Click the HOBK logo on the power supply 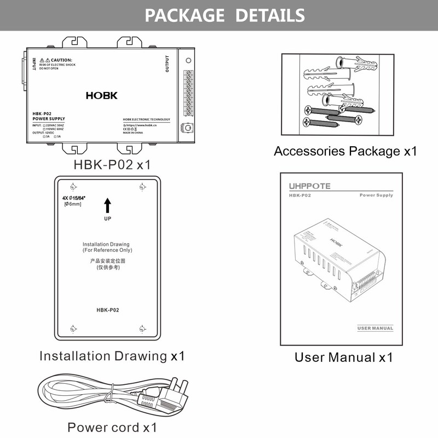coord(101,95)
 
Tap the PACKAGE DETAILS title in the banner coord(224,15)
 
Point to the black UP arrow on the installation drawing coord(107,206)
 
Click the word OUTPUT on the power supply coord(167,64)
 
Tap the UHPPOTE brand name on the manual coord(310,186)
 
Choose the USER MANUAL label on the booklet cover coord(375,328)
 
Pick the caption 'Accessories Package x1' coord(345,151)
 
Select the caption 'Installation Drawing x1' coord(112,356)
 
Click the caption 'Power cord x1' coord(112,427)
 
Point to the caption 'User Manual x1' coord(344,358)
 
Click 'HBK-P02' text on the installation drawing coord(107,310)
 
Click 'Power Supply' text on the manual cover coord(376,195)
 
